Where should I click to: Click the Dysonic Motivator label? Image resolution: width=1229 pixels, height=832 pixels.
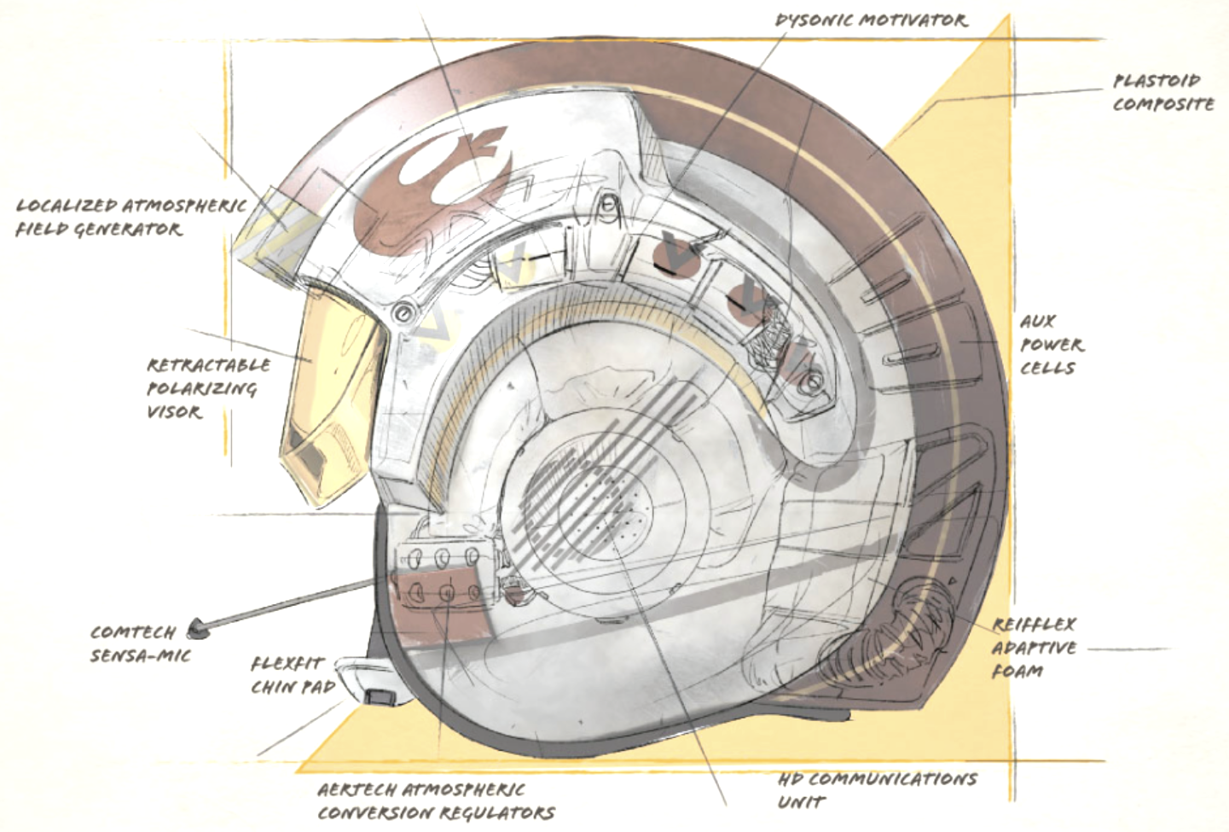[872, 20]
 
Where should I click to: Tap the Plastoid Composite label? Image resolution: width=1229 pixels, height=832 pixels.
[1163, 93]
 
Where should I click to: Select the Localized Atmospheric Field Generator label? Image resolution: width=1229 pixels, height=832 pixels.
[131, 218]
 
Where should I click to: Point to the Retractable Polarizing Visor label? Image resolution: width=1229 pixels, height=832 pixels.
[208, 388]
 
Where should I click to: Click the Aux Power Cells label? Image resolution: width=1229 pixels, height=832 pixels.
[1052, 345]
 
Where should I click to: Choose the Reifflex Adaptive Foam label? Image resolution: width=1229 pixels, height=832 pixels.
[1035, 649]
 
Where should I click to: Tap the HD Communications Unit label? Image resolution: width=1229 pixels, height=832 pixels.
[878, 791]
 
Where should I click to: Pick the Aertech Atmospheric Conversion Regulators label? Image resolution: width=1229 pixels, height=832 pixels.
[436, 802]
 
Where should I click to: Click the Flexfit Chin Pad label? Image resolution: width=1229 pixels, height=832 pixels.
[293, 676]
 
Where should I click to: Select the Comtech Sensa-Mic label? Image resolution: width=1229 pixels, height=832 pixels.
[141, 643]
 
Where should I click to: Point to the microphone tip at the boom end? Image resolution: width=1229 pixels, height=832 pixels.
[200, 630]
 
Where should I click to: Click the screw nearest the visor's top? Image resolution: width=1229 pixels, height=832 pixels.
[403, 313]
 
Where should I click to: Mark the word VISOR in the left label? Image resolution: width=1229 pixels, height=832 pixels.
[175, 411]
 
